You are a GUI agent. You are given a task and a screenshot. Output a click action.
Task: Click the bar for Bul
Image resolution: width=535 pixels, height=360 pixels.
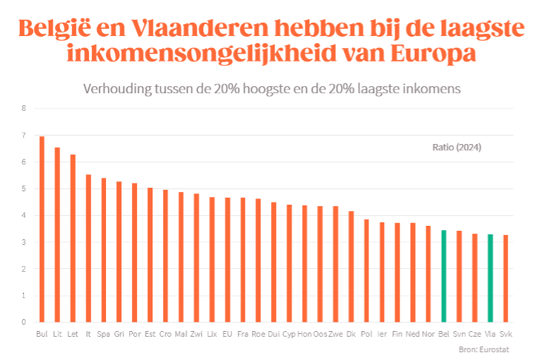42,229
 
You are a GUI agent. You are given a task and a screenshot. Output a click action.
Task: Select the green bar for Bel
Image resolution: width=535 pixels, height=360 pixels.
443,276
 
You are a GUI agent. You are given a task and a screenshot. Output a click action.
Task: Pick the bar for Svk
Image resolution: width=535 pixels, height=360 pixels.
505,278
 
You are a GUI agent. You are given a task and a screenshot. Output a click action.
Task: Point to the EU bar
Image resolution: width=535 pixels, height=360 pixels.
227,260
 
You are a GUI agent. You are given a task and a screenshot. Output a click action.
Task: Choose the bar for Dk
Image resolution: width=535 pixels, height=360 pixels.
351,266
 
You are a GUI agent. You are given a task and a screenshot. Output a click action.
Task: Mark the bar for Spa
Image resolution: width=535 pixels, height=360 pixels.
104,250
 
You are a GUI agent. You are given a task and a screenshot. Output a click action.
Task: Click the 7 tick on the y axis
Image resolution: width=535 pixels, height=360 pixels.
23,136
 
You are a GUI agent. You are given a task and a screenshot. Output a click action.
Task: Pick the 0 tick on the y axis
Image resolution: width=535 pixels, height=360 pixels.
23,323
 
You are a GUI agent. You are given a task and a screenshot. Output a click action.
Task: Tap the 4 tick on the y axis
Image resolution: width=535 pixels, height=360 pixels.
23,216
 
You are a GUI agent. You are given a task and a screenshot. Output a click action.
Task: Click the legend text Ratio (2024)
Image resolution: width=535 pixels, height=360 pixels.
456,148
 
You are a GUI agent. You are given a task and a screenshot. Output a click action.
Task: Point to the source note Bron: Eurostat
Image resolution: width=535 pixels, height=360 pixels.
483,349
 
